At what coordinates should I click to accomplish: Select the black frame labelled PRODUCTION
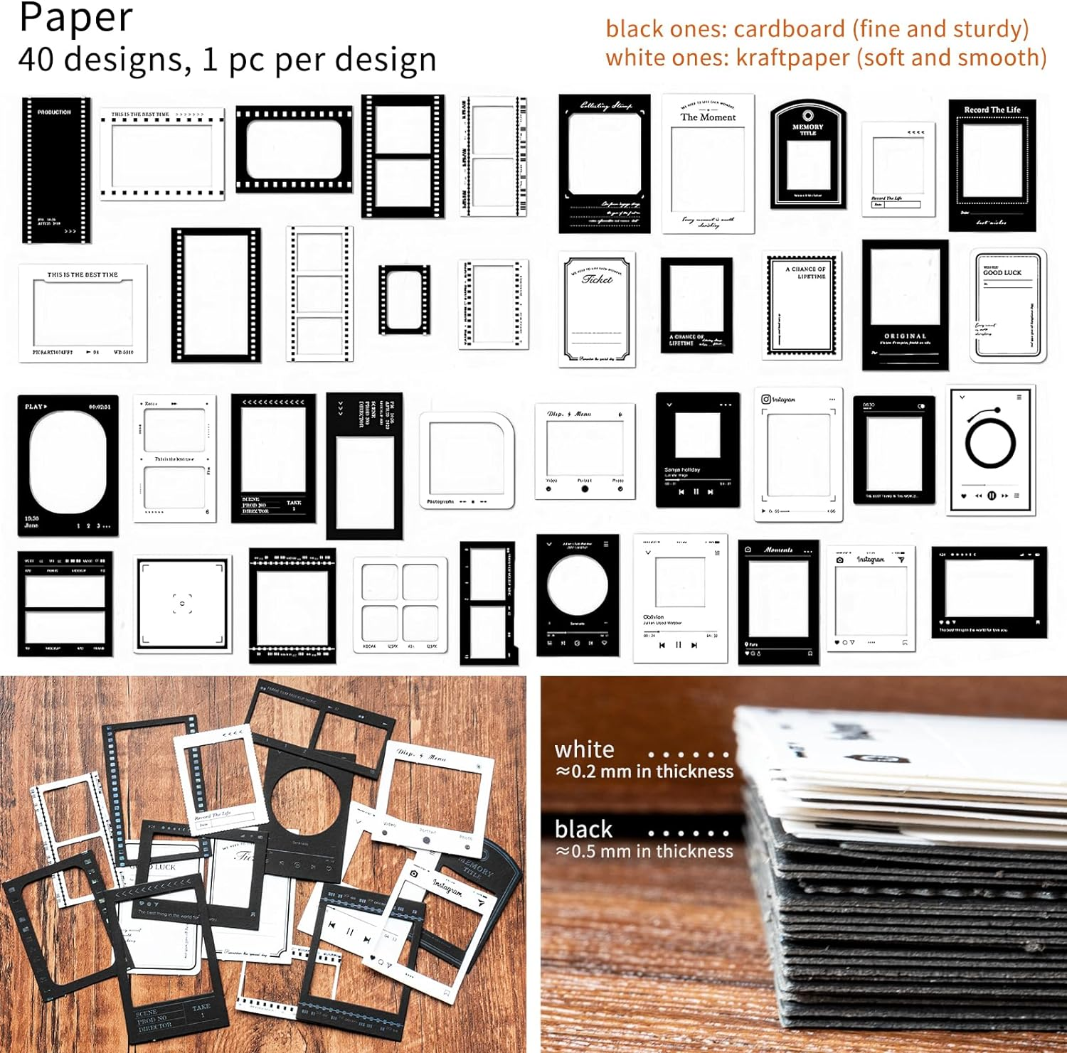[55, 171]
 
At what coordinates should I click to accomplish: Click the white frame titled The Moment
[708, 164]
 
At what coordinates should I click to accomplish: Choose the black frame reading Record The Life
[992, 165]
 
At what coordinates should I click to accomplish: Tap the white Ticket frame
[597, 309]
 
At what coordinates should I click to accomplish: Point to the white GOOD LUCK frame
[1007, 306]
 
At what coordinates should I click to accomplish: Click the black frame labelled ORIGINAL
[905, 304]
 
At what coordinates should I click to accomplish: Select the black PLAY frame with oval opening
[68, 466]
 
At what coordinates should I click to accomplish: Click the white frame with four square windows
[400, 604]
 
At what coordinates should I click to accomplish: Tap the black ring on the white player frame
[990, 444]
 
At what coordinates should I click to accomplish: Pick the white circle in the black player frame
[578, 585]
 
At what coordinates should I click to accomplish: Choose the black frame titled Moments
[778, 602]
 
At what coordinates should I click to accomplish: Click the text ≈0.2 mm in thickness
[644, 771]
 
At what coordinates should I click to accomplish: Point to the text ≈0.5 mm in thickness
[644, 851]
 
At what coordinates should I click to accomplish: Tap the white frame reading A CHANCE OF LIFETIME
[802, 305]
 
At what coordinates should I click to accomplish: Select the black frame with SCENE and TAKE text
[273, 459]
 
